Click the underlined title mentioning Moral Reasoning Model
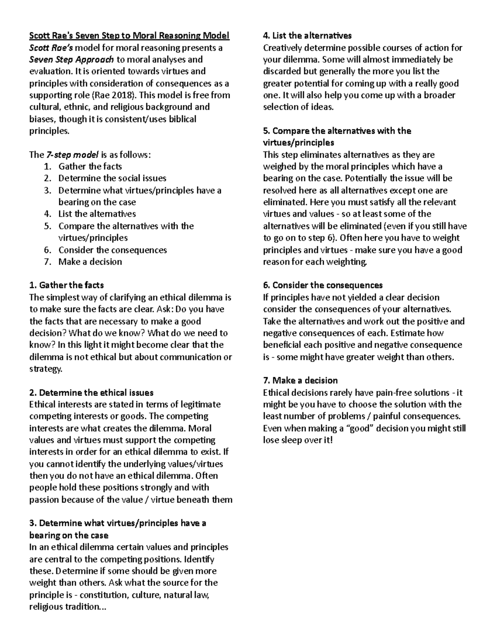click(129, 36)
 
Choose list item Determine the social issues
click(112, 178)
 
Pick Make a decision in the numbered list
click(90, 262)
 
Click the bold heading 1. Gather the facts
click(66, 285)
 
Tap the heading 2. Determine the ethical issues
click(91, 393)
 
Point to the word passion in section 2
click(45, 500)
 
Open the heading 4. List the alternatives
click(307, 36)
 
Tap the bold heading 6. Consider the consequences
click(323, 285)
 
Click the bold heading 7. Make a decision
click(300, 381)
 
